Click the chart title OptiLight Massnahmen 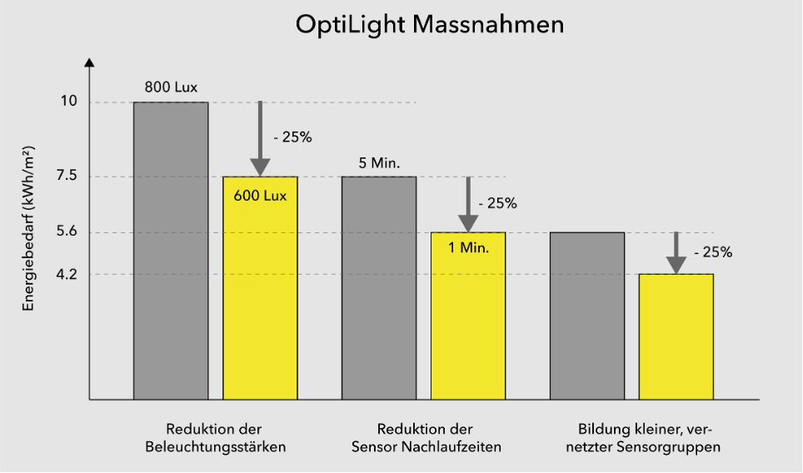[430, 25]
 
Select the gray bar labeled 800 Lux [171, 250]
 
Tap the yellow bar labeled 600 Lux [260, 291]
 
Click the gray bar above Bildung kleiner [587, 316]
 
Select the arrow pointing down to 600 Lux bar [260, 137]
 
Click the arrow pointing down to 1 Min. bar [468, 204]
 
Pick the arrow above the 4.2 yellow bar [676, 253]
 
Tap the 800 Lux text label [171, 87]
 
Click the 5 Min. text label [379, 162]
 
